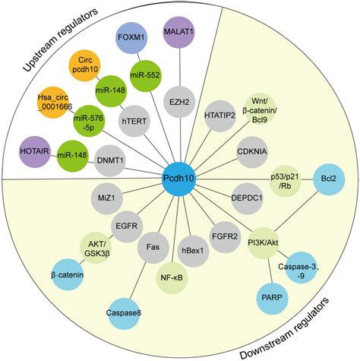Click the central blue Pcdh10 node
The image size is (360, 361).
click(x=179, y=180)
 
